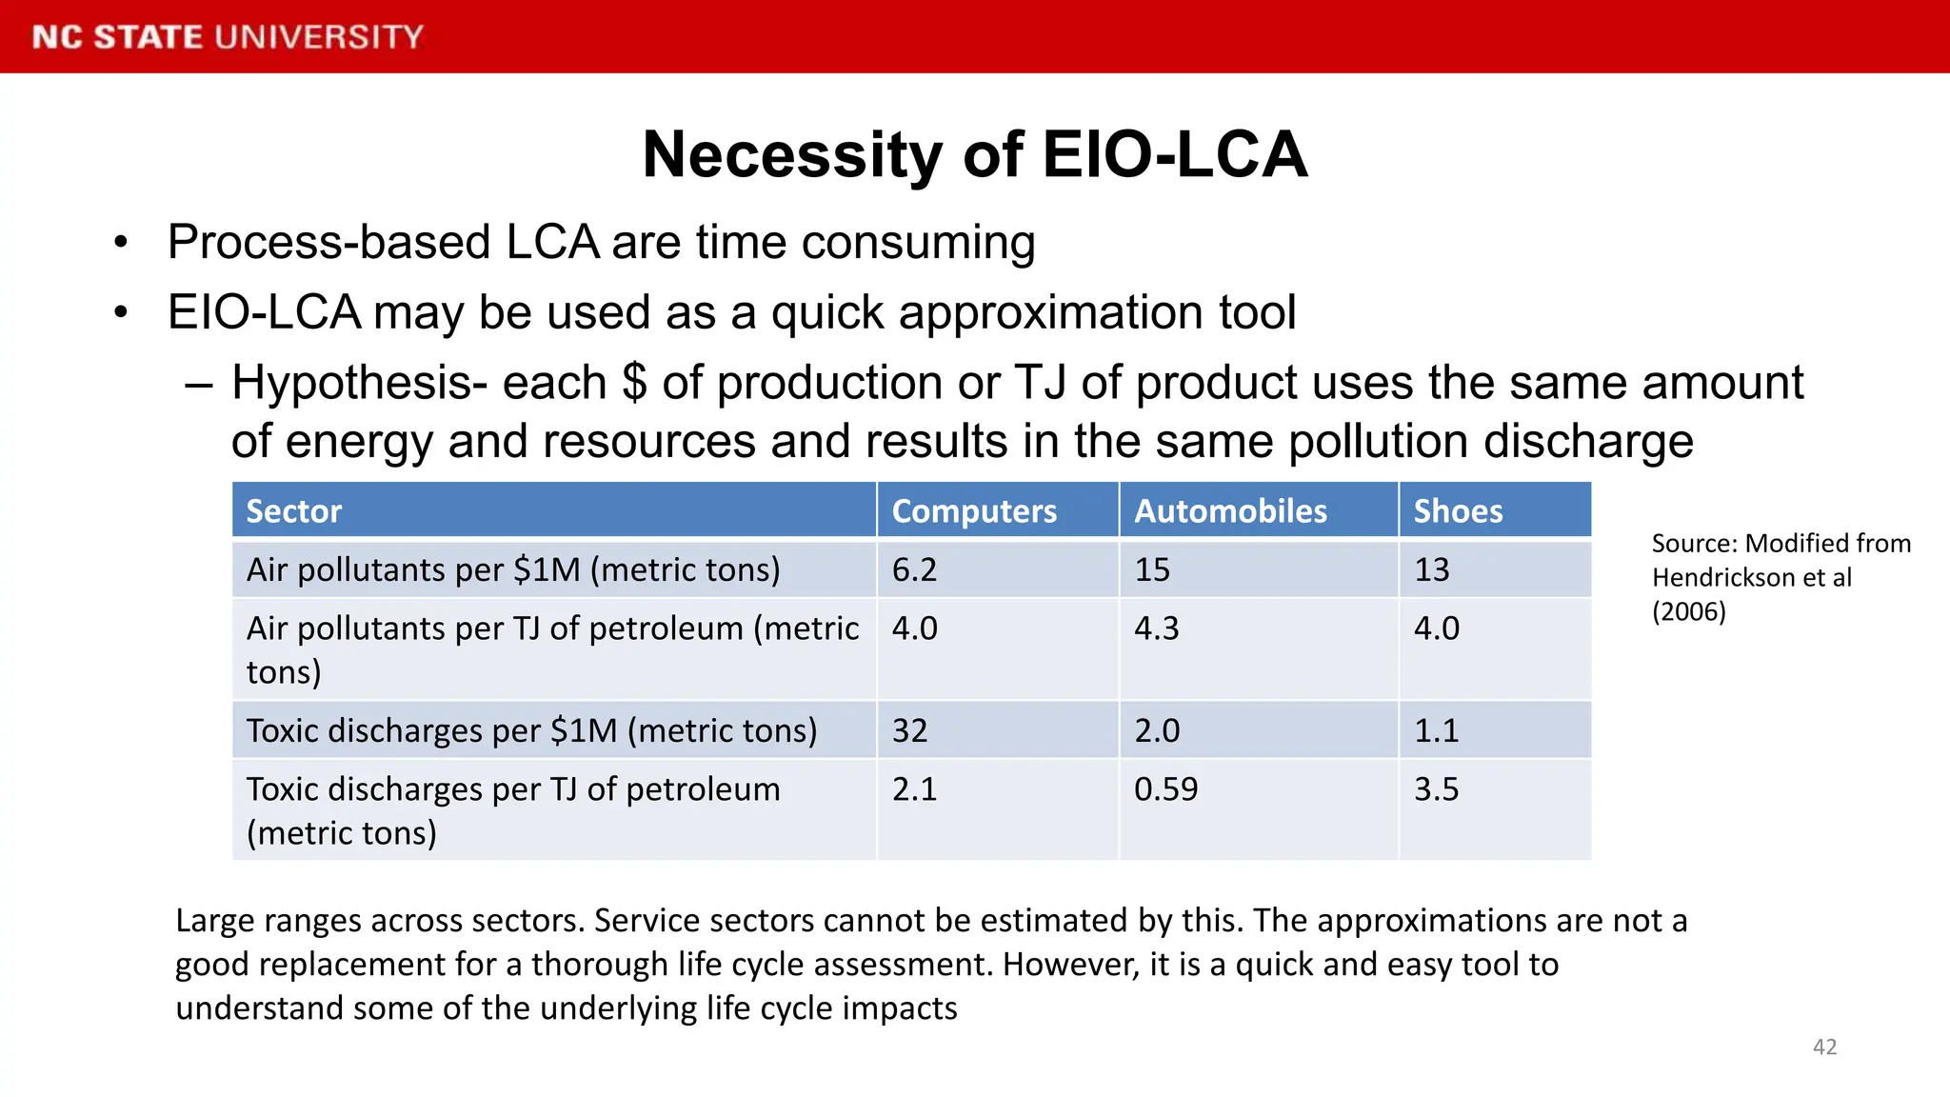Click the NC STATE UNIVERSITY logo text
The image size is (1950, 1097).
coord(228,37)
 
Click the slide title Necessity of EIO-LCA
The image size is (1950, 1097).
coord(975,154)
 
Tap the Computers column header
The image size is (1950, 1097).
coord(974,511)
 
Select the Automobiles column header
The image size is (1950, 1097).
coord(1230,511)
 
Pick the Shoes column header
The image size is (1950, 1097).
coord(1458,511)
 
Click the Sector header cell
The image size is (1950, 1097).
coord(294,511)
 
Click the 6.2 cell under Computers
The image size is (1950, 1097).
coord(915,569)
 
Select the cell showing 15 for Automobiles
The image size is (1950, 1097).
coord(1152,569)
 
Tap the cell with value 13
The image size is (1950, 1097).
coord(1431,569)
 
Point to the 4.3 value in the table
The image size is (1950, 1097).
coord(1156,628)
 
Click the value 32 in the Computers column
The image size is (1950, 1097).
coord(909,730)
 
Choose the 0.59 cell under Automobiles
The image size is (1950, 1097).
coord(1165,789)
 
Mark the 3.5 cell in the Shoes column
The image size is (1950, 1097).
coord(1436,789)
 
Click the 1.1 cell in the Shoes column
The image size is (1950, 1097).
coord(1436,730)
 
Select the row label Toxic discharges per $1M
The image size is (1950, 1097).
coord(531,730)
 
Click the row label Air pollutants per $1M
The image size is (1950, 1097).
coord(513,569)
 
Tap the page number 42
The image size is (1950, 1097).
coord(1824,1047)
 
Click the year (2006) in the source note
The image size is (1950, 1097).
coord(1688,611)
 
